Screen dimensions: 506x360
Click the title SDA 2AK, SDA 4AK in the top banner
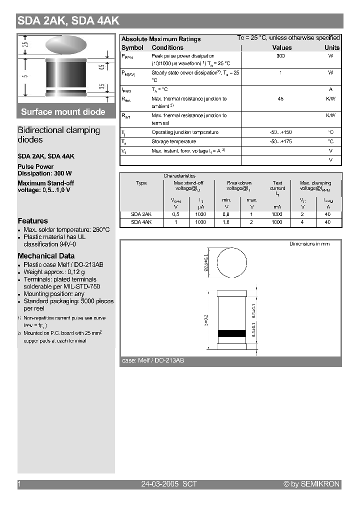click(68, 21)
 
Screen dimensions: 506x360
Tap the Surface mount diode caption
click(63, 111)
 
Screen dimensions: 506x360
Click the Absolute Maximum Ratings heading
click(161, 39)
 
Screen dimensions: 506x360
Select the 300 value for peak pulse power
click(280, 56)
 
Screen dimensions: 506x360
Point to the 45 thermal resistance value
click(280, 99)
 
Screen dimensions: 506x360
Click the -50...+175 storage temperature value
click(280, 141)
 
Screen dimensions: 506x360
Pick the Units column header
click(331, 47)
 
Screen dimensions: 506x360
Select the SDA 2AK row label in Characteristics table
click(141, 214)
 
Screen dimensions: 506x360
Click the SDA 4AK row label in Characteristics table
click(141, 222)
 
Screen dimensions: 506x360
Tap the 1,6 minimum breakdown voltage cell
click(226, 222)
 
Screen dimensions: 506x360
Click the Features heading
click(32, 221)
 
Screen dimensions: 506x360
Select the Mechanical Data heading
click(46, 256)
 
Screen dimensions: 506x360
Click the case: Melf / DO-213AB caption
click(152, 360)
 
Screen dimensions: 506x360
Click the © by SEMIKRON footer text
click(311, 484)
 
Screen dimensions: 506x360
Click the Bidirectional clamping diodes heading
click(58, 135)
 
